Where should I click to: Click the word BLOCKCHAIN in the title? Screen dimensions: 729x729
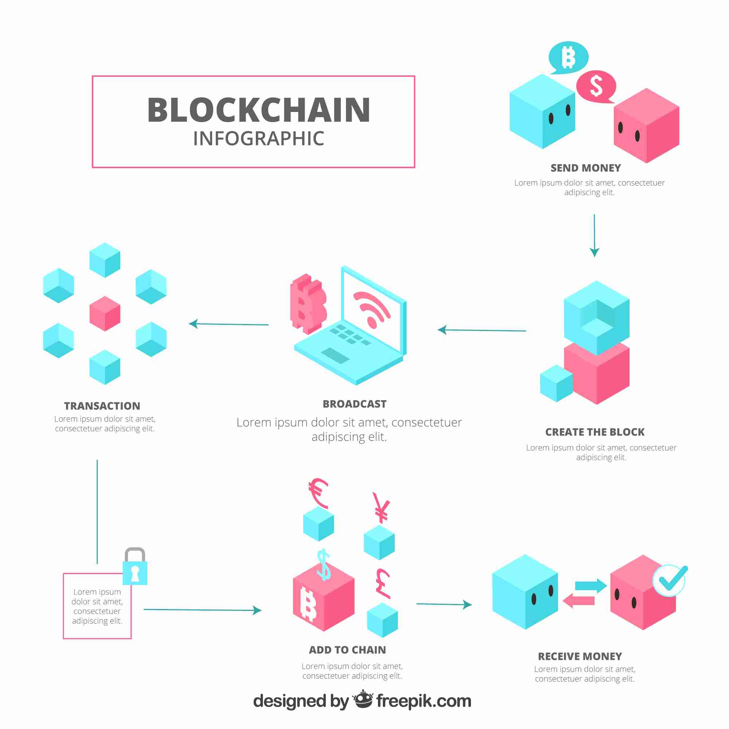pyautogui.click(x=259, y=110)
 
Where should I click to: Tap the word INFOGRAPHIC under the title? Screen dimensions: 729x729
pyautogui.click(x=259, y=139)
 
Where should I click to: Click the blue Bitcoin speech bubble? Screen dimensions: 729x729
pyautogui.click(x=568, y=57)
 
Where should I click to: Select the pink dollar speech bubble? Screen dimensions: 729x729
pyautogui.click(x=596, y=86)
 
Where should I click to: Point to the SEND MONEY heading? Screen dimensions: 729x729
pyautogui.click(x=586, y=168)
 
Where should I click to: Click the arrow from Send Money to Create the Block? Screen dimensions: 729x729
pyautogui.click(x=594, y=235)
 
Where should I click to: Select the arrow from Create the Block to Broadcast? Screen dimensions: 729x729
pyautogui.click(x=482, y=330)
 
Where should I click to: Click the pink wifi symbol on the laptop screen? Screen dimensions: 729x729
pyautogui.click(x=372, y=309)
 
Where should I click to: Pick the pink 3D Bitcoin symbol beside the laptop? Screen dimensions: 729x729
pyautogui.click(x=308, y=304)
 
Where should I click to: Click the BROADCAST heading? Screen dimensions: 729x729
pyautogui.click(x=355, y=404)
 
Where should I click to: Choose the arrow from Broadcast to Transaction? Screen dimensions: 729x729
pyautogui.click(x=229, y=324)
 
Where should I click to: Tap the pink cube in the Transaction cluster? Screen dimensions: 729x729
pyautogui.click(x=105, y=313)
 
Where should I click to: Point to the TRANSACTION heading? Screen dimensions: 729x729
pyautogui.click(x=102, y=406)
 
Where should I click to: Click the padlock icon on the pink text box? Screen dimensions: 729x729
pyautogui.click(x=135, y=567)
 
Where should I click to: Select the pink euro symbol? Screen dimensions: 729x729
pyautogui.click(x=318, y=494)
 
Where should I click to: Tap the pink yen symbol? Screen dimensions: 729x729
pyautogui.click(x=381, y=508)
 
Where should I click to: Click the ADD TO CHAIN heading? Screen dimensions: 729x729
pyautogui.click(x=347, y=650)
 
